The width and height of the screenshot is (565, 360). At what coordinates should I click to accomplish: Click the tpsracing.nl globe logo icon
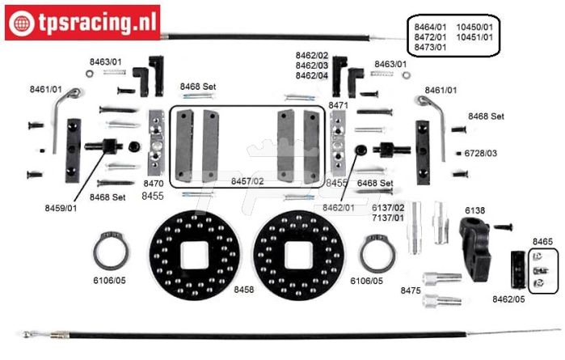pyautogui.click(x=22, y=23)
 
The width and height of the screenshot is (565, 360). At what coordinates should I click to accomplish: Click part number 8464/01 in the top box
pyautogui.click(x=430, y=27)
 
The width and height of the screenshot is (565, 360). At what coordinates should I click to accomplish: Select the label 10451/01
pyautogui.click(x=474, y=37)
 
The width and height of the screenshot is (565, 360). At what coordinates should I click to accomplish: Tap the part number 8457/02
pyautogui.click(x=247, y=181)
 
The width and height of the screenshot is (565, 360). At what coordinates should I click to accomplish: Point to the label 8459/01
pyautogui.click(x=61, y=208)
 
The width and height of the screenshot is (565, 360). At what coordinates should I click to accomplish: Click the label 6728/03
pyautogui.click(x=480, y=154)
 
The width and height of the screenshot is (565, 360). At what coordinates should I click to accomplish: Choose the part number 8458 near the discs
pyautogui.click(x=243, y=290)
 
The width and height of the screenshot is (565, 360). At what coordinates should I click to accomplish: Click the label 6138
pyautogui.click(x=474, y=210)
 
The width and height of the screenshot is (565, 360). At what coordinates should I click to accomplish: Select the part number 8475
pyautogui.click(x=411, y=290)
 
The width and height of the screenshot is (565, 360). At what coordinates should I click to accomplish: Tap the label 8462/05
pyautogui.click(x=508, y=299)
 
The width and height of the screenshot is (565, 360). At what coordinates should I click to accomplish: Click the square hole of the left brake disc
pyautogui.click(x=194, y=256)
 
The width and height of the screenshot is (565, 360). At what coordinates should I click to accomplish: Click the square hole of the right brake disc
pyautogui.click(x=298, y=256)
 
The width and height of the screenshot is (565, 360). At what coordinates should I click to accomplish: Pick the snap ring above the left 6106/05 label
pyautogui.click(x=111, y=252)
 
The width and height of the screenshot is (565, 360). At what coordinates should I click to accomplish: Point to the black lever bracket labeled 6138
pyautogui.click(x=474, y=249)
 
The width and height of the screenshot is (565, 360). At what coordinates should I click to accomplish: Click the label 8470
pyautogui.click(x=153, y=184)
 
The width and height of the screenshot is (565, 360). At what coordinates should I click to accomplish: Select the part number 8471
pyautogui.click(x=338, y=105)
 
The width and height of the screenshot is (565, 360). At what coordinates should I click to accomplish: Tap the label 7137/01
pyautogui.click(x=388, y=218)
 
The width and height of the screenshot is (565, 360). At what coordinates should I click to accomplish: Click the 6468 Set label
pyautogui.click(x=375, y=184)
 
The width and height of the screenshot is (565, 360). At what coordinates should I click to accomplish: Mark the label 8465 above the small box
pyautogui.click(x=542, y=241)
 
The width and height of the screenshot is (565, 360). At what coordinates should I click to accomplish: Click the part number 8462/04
pyautogui.click(x=312, y=76)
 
